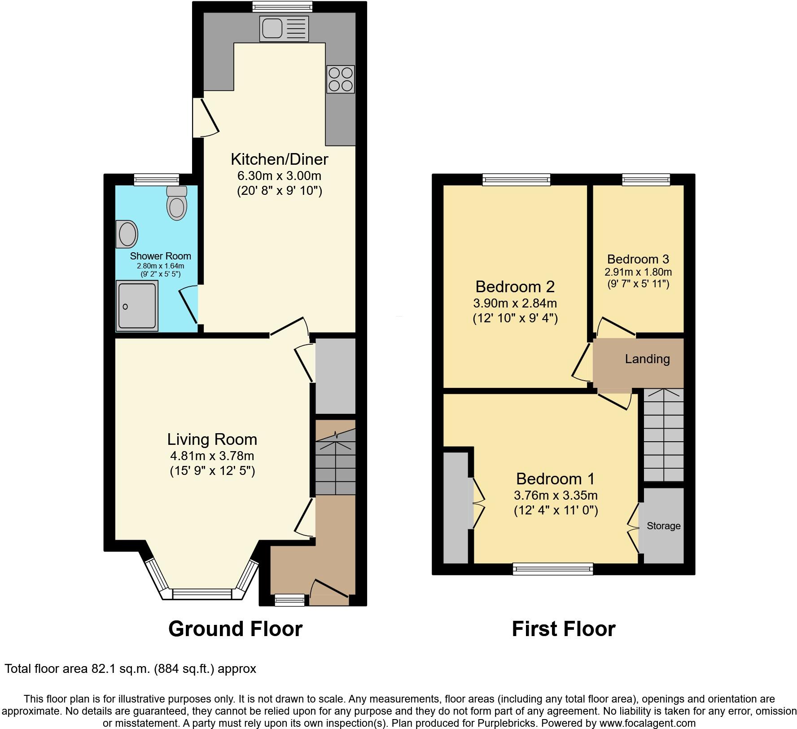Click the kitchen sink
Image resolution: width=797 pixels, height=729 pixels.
(284, 28)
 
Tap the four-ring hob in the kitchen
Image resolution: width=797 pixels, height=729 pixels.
(341, 79)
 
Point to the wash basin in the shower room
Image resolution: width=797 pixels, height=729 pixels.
(127, 234)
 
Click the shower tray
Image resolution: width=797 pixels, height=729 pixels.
(137, 306)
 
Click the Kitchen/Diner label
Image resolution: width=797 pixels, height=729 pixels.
(279, 159)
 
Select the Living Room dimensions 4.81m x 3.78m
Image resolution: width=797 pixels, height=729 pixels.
(212, 456)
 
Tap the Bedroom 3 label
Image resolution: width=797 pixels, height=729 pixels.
(638, 259)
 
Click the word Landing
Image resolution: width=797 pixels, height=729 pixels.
(647, 359)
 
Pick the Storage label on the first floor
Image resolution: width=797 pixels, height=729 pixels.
(663, 526)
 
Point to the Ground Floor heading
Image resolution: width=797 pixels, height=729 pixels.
(235, 629)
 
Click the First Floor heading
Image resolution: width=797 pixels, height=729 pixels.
(563, 629)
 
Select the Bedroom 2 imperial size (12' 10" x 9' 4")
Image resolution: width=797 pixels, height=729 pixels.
(515, 319)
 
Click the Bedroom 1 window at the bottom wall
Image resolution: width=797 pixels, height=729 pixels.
(553, 569)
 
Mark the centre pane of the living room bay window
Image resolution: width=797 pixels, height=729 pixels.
(202, 594)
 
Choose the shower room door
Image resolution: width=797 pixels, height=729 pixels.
(189, 307)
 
